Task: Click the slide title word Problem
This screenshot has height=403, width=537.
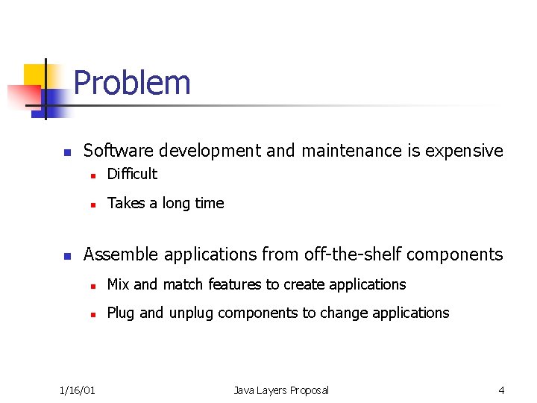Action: coord(132,83)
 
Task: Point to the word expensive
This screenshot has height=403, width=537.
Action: coord(464,151)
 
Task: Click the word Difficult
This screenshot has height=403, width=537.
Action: coord(132,174)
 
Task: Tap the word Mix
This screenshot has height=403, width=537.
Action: coord(119,284)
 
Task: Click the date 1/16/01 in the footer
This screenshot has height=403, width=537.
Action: coord(78,390)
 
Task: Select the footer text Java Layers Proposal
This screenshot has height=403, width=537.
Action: coord(280,390)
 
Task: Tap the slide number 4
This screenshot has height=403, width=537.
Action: coord(501,390)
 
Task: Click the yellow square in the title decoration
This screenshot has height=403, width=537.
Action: coord(35,75)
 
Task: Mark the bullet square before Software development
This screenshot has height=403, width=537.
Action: coord(66,152)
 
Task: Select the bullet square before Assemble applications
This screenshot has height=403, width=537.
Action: coord(66,256)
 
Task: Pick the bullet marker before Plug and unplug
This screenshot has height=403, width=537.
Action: coord(92,314)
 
